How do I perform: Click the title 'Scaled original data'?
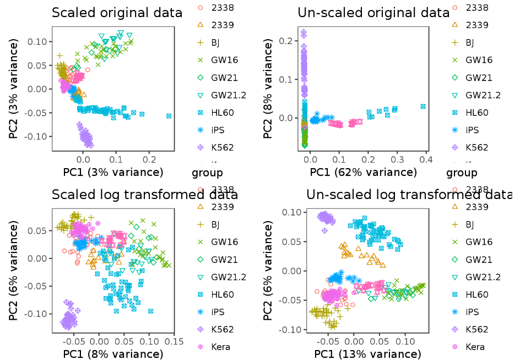click(117, 13)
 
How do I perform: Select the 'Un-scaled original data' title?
click(373, 13)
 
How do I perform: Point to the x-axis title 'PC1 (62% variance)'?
click(364, 172)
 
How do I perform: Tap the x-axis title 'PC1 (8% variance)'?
click(113, 353)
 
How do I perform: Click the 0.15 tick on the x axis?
click(174, 341)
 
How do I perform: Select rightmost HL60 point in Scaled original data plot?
click(169, 116)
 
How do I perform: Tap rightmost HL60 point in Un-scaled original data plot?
click(423, 106)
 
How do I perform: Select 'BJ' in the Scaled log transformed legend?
click(216, 224)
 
